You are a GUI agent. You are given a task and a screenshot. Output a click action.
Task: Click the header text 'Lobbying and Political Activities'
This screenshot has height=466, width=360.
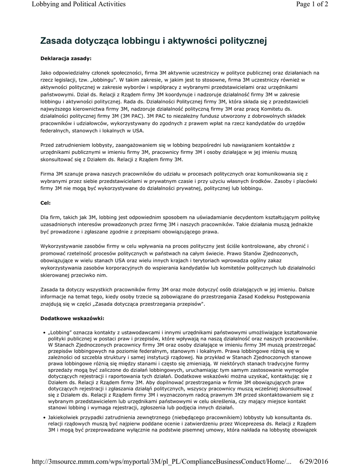[79, 5]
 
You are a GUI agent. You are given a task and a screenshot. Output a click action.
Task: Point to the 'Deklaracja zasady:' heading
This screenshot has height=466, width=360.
[66, 58]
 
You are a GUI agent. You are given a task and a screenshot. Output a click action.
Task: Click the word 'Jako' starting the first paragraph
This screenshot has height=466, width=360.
[46, 73]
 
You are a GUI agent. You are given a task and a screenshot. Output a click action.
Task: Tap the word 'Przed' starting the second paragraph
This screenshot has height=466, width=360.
[48, 145]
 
